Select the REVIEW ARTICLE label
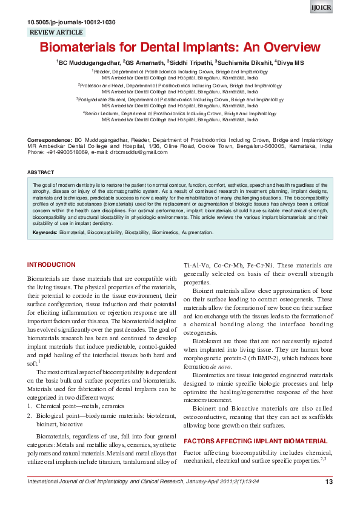(x=56, y=33)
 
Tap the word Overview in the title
(x=288, y=47)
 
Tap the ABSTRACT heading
(x=41, y=172)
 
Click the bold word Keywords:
(x=45, y=232)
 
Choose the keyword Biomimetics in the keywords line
(x=157, y=232)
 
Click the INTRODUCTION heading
(x=52, y=265)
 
